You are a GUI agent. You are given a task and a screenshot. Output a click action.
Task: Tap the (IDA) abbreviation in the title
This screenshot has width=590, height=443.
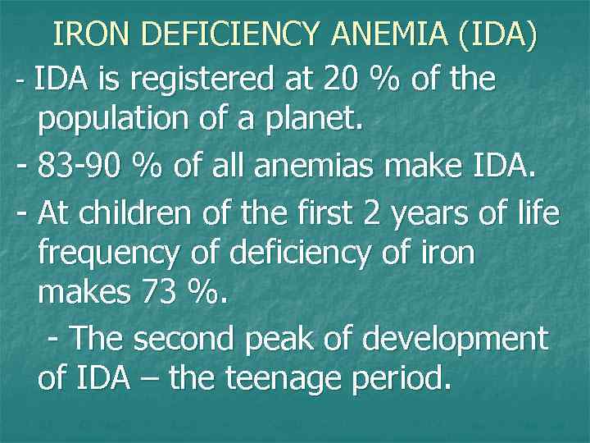click(x=499, y=35)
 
